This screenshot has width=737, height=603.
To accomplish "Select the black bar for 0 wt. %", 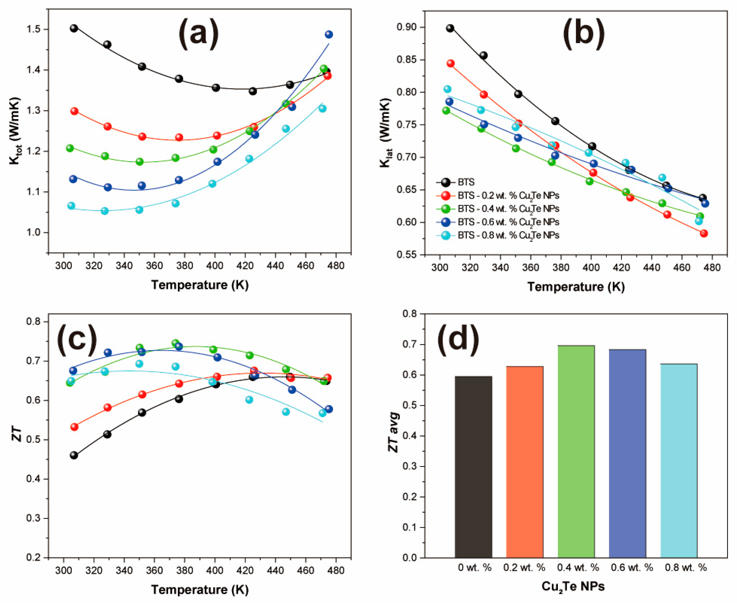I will point(473,467).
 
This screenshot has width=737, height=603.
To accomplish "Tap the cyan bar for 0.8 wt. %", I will point(679,461).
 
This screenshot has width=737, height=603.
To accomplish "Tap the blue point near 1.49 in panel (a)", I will point(329,34).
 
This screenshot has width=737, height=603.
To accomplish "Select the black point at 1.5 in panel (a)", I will point(74,28).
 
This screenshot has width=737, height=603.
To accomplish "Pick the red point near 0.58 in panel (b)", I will point(704,233).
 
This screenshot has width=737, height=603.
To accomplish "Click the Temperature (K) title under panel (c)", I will point(200,590).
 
